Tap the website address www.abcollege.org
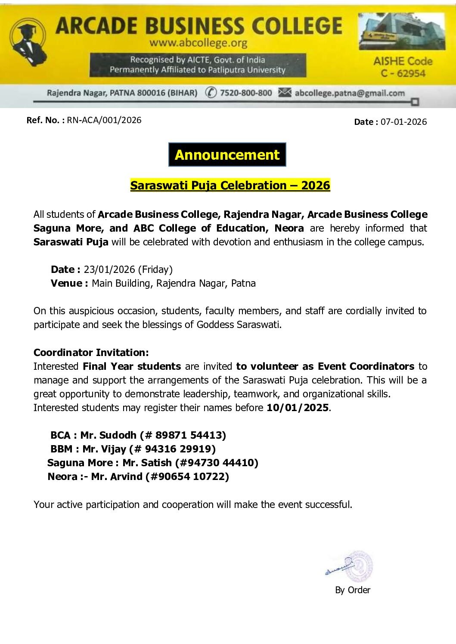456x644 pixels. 199,43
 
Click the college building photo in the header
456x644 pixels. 402,31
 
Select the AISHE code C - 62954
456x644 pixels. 403,74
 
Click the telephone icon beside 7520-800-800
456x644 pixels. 211,93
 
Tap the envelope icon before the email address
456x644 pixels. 285,92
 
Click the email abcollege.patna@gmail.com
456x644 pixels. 350,93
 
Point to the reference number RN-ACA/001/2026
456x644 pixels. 104,120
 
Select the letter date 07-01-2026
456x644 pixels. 403,122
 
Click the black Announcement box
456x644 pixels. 227,155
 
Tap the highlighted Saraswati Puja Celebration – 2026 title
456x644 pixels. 230,186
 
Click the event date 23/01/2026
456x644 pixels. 109,269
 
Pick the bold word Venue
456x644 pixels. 67,283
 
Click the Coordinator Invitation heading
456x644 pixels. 91,353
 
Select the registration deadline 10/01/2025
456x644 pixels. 298,408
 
